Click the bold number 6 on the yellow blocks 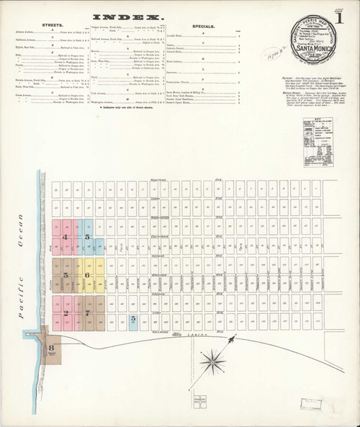87,276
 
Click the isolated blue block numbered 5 133,318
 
